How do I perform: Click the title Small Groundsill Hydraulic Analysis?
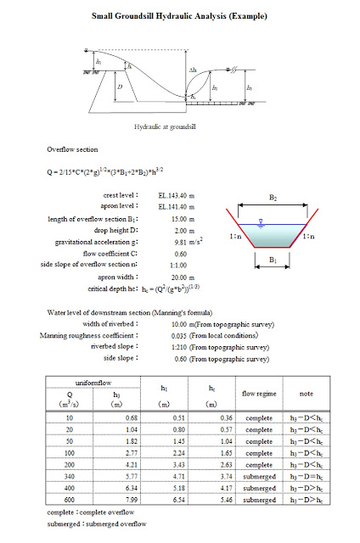(179, 16)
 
